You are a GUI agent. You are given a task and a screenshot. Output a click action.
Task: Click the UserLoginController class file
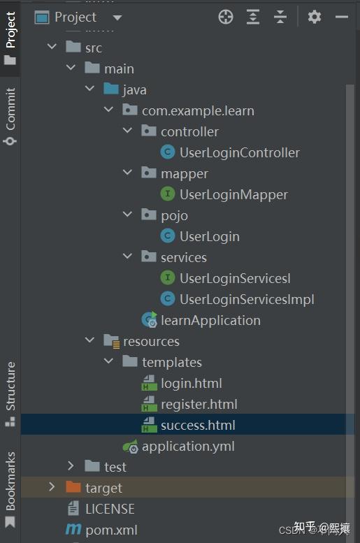tap(240, 152)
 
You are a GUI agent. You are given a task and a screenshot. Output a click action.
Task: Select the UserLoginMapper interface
tap(233, 194)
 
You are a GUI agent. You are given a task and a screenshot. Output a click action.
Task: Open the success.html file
tap(198, 425)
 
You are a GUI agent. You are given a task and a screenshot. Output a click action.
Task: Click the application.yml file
tap(188, 446)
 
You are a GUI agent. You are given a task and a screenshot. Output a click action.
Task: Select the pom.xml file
tap(111, 530)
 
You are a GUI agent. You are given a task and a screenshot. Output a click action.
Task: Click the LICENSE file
tap(110, 509)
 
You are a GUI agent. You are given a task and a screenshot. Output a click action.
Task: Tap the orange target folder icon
tap(73, 487)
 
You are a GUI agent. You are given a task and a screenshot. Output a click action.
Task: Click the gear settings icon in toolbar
tap(315, 17)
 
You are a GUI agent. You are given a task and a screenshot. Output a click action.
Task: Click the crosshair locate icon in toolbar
tap(226, 17)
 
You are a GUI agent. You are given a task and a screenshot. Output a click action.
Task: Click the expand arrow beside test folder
tap(71, 465)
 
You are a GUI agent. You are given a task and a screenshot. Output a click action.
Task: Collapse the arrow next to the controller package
tap(127, 131)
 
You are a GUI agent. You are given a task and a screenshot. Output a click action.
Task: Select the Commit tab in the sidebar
tap(10, 116)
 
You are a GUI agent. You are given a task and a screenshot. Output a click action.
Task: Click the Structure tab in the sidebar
tap(10, 394)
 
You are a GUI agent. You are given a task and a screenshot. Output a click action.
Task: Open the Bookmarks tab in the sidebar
tap(10, 489)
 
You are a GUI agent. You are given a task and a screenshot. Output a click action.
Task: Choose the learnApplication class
tap(210, 320)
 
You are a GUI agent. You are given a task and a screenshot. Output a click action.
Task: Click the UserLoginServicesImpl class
tap(247, 299)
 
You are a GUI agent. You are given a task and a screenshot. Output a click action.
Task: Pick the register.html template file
tap(199, 404)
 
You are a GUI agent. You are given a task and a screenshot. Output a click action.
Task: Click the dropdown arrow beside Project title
tap(117, 17)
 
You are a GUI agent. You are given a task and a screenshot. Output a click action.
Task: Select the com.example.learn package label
tap(198, 111)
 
